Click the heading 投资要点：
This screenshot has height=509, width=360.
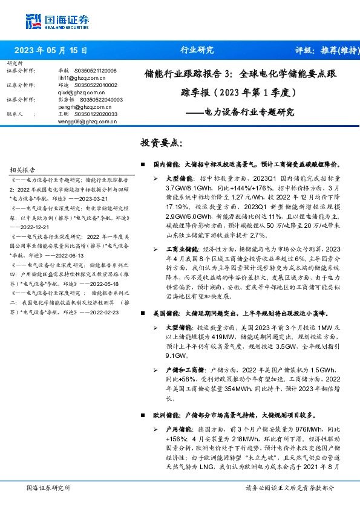(160, 143)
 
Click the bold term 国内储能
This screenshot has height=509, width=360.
(166, 164)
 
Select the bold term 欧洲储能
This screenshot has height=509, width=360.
(166, 415)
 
